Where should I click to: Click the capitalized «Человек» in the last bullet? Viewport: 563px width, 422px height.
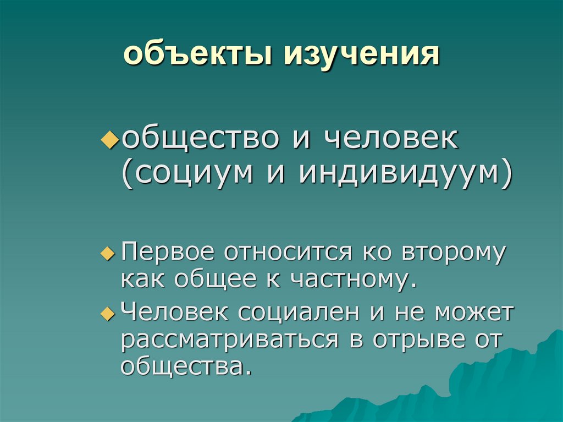point(175,313)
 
